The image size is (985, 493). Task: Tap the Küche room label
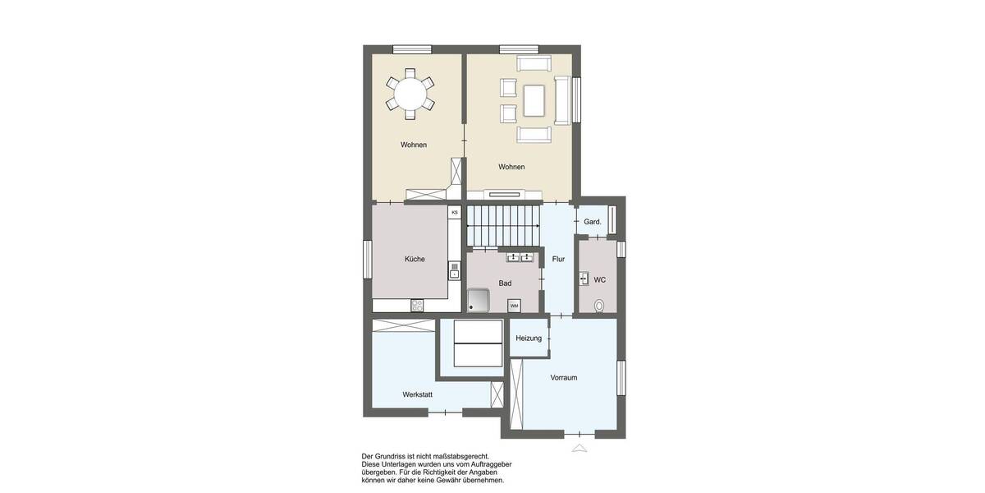(415, 259)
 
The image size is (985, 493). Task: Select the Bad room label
(505, 283)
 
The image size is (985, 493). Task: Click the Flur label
(558, 259)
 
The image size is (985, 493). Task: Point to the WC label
(599, 280)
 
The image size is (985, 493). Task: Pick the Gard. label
(593, 222)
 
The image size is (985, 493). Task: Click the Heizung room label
(529, 339)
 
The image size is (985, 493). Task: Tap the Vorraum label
(564, 378)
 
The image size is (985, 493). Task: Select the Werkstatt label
(417, 394)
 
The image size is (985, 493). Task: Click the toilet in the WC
(599, 306)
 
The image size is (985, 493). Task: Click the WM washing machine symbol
(514, 306)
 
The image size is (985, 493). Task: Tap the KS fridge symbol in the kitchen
(454, 212)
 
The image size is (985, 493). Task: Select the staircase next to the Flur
(503, 225)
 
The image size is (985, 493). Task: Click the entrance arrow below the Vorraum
(580, 448)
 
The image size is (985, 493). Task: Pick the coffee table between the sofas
(534, 101)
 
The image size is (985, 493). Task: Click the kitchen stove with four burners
(417, 306)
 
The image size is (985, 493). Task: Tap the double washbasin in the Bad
(520, 258)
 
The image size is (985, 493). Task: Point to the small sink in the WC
(584, 278)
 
